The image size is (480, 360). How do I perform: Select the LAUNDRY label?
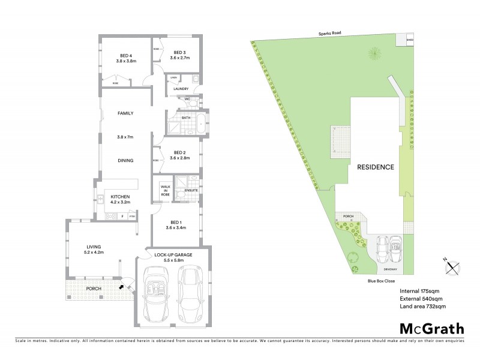[x=181, y=89]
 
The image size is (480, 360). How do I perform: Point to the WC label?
[x=187, y=99]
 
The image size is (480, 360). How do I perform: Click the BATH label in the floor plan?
[x=186, y=118]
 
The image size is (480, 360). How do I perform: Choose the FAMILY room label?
[x=125, y=113]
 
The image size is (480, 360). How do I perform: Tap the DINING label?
[x=125, y=160]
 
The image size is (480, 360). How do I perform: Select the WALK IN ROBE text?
[x=165, y=190]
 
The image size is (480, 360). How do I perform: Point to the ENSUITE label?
[x=191, y=190]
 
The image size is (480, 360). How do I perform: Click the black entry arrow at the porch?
[x=124, y=287]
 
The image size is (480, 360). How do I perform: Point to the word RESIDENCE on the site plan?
[x=376, y=167]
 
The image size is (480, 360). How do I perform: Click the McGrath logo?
[x=431, y=328]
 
